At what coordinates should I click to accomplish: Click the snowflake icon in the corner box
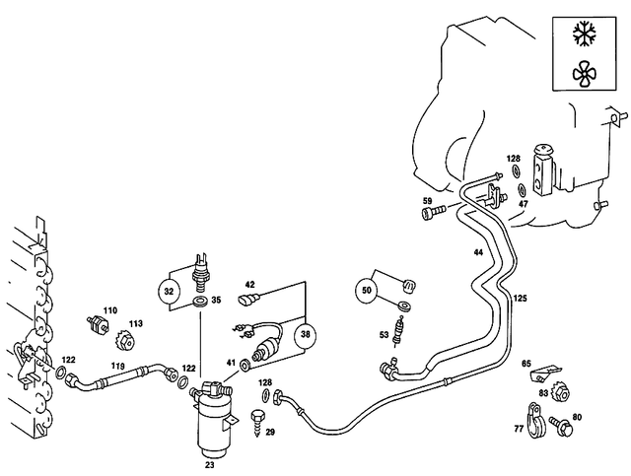coord(585,33)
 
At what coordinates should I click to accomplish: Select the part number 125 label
coord(520,297)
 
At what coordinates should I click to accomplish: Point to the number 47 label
coord(524,204)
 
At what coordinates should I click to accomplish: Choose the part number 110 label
coord(109,309)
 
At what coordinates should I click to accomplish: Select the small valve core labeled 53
coord(399,330)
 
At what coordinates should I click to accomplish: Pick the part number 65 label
coord(526,364)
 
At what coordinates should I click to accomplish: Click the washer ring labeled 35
coord(200,299)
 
